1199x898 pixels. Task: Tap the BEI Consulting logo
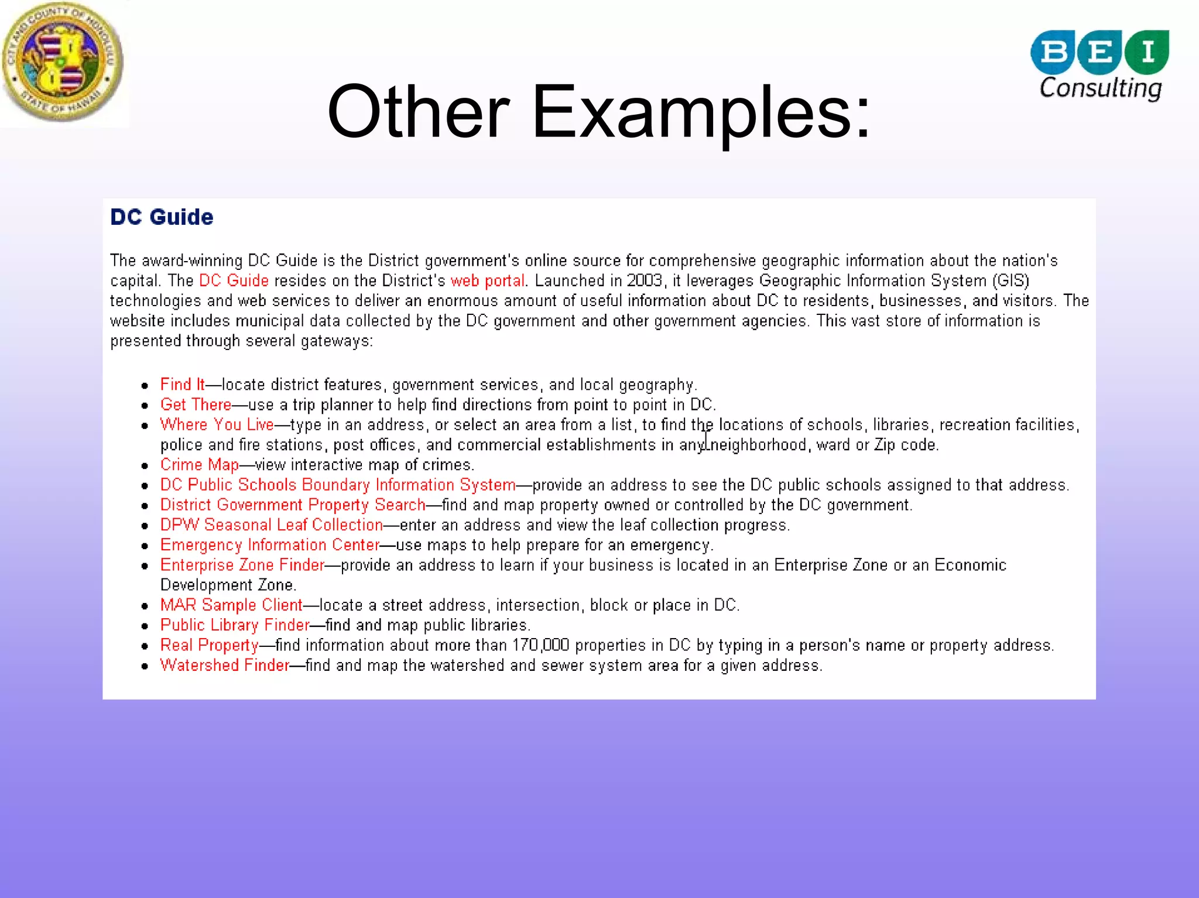click(1100, 65)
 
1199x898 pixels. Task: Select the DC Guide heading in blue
click(162, 217)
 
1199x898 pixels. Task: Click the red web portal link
click(487, 281)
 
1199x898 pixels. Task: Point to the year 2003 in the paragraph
click(644, 281)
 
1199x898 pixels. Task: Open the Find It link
click(182, 385)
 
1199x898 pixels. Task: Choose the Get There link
click(196, 405)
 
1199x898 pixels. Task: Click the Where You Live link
click(217, 424)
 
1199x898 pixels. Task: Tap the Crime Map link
click(199, 465)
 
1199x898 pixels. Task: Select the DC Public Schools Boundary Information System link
click(337, 485)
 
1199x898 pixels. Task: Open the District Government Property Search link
click(292, 505)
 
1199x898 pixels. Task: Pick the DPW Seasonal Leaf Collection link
click(271, 525)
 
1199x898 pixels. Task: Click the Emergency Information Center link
click(269, 545)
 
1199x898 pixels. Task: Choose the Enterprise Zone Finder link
click(242, 565)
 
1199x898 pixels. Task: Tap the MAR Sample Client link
click(231, 605)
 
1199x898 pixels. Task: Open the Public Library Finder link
click(234, 625)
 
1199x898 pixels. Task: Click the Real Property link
click(209, 645)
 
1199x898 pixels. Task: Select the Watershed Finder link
click(224, 665)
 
